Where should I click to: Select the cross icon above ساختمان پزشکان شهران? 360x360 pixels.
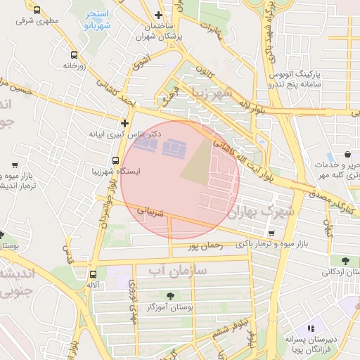(x=159, y=15)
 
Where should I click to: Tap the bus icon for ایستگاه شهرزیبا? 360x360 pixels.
(x=115, y=160)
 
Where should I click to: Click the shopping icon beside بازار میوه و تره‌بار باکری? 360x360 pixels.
(x=271, y=233)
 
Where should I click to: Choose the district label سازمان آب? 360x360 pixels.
(x=181, y=269)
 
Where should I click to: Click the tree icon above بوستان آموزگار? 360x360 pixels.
(x=170, y=296)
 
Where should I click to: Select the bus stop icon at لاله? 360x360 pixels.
(x=94, y=275)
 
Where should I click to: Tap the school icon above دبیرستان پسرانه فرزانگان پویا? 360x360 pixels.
(x=311, y=328)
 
